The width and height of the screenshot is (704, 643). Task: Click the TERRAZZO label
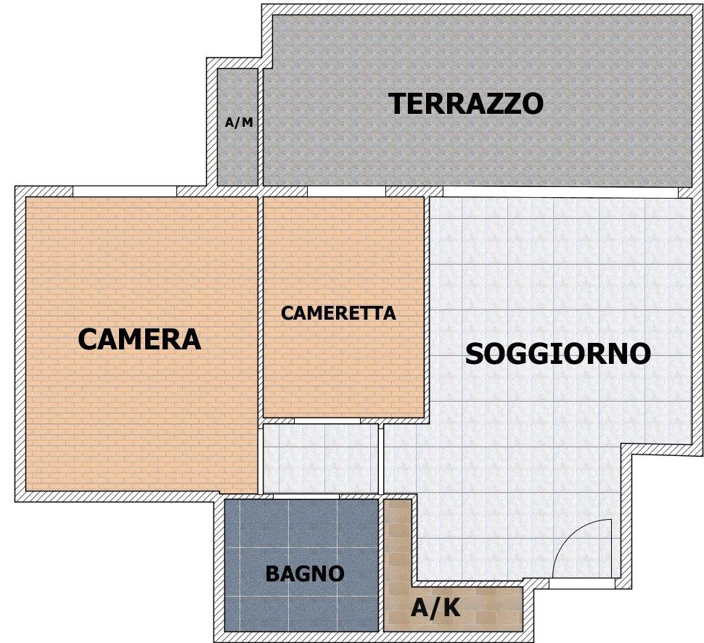click(466, 103)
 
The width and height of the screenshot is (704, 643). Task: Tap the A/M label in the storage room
click(239, 122)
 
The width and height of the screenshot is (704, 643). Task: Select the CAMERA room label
click(139, 339)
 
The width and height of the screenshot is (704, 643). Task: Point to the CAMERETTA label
click(338, 313)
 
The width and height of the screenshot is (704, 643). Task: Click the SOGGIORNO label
click(558, 353)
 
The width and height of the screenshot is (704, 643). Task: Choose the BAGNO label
click(305, 573)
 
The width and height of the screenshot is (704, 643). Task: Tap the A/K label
click(435, 608)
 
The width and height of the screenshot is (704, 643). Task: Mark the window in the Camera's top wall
click(125, 191)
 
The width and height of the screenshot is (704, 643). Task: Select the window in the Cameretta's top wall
click(347, 191)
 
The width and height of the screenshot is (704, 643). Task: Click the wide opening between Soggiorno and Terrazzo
click(560, 192)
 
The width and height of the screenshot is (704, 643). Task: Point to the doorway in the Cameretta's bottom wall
click(327, 421)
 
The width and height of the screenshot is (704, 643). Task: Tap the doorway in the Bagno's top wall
click(306, 497)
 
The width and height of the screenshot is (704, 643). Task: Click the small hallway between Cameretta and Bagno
click(321, 458)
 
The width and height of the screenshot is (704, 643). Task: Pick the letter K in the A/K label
click(451, 608)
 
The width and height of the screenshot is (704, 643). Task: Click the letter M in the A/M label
click(247, 122)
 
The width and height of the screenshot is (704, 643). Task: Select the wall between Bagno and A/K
click(381, 565)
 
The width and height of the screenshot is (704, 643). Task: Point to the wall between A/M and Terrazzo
click(261, 127)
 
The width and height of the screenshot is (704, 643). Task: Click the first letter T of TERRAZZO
click(398, 103)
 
